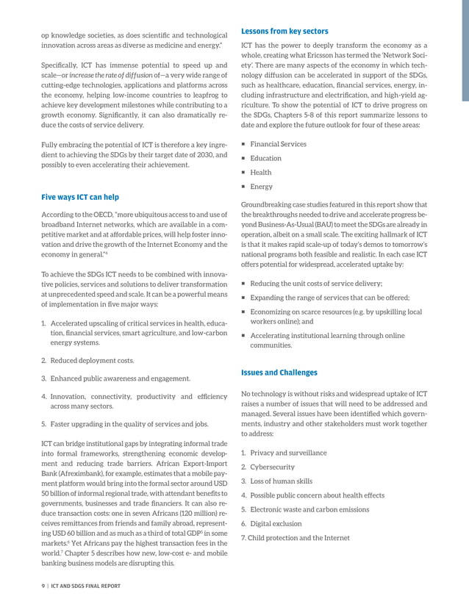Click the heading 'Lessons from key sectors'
click(x=284, y=31)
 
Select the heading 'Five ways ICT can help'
click(x=81, y=197)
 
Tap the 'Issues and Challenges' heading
click(x=279, y=373)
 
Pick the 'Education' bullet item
click(x=265, y=158)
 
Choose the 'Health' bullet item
click(x=260, y=173)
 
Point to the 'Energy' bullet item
click(x=261, y=187)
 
